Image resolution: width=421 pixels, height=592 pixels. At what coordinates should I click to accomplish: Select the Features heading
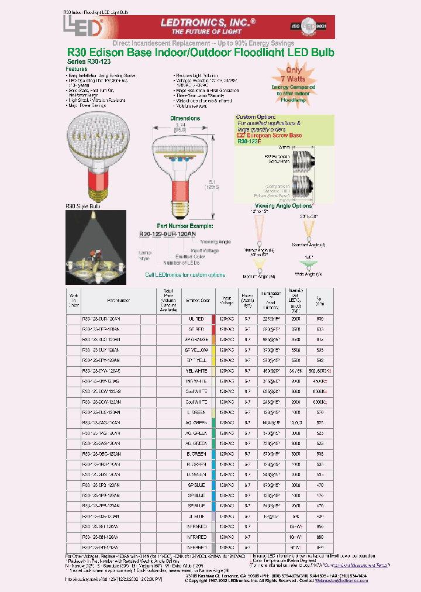point(77,68)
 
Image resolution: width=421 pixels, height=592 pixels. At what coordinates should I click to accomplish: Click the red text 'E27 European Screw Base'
point(269,136)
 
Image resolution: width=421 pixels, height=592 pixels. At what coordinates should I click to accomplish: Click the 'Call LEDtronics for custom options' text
point(185,274)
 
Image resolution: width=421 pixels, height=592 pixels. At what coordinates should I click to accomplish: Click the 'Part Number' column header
point(119,300)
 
